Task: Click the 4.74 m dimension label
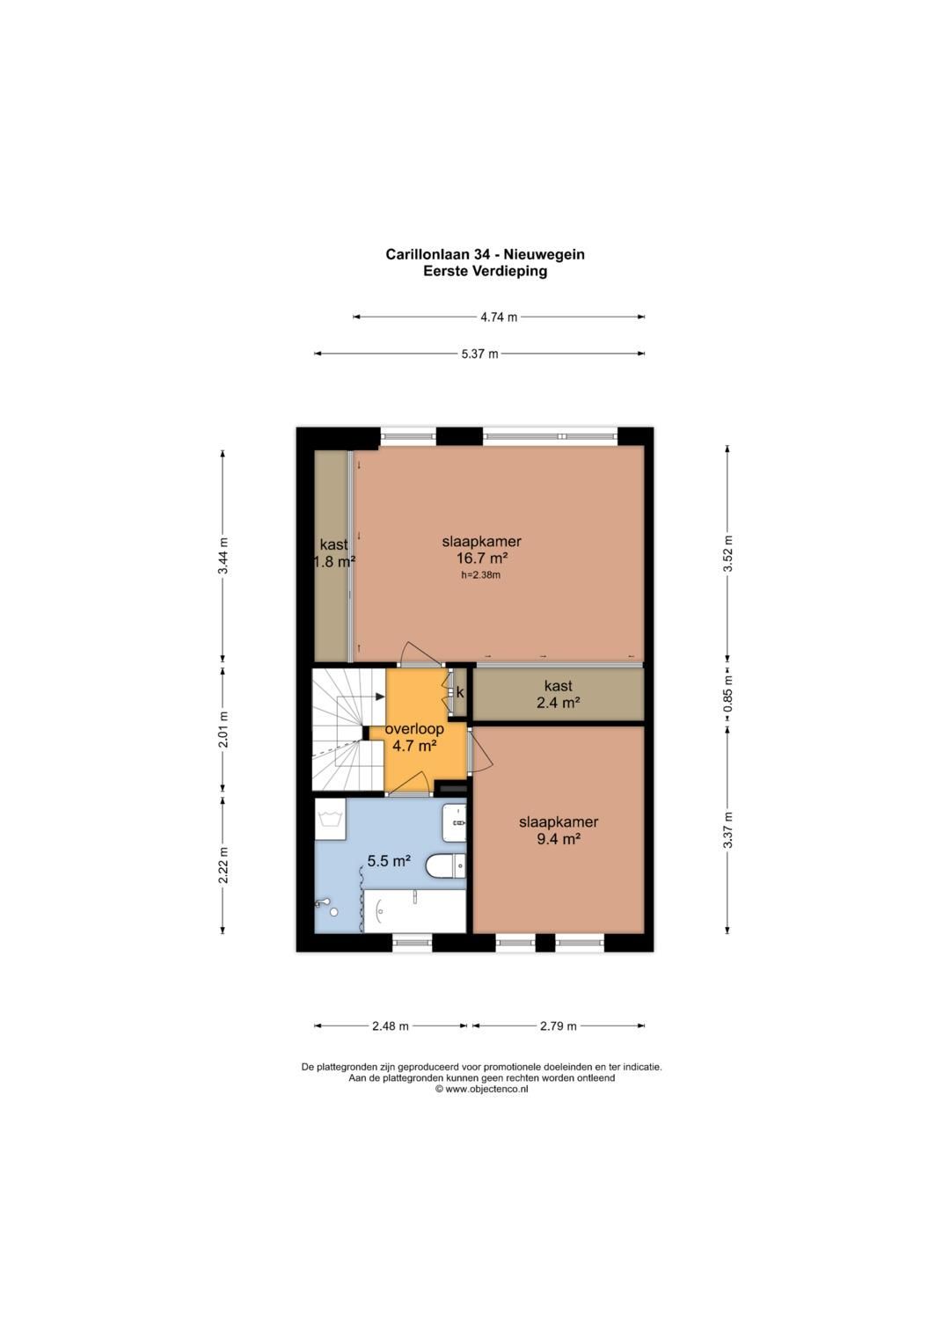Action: coord(499,318)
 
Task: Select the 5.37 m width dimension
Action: coord(479,354)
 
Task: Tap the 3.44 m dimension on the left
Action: coord(223,555)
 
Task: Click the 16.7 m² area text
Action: coord(482,558)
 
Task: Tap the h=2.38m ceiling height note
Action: coord(481,575)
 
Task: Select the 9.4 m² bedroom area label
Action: coord(558,839)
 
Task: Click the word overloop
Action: coord(414,729)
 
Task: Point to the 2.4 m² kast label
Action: coord(558,702)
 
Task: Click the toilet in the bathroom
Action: coord(446,865)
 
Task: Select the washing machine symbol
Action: coord(331,819)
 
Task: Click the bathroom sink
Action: coord(454,823)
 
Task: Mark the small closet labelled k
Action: coord(460,692)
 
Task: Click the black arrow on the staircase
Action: coord(380,696)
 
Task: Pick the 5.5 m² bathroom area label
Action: coord(389,861)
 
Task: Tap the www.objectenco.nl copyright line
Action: coord(482,1090)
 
